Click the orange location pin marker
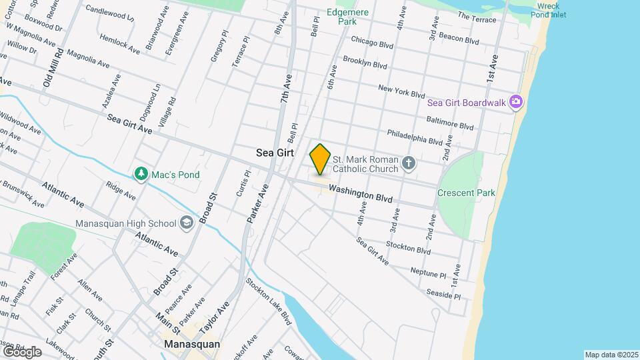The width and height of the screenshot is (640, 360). (320, 159)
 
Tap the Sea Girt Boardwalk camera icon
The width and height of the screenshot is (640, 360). (515, 102)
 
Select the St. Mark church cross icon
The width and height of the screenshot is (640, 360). (409, 162)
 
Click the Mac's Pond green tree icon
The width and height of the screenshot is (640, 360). (141, 174)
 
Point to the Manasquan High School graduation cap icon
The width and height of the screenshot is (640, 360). (187, 223)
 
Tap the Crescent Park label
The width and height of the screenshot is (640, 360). (466, 193)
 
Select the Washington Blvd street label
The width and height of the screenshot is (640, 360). (361, 194)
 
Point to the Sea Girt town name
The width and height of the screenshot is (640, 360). (275, 153)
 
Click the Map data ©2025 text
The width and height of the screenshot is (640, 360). (611, 355)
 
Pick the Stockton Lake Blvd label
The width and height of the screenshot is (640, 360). (269, 301)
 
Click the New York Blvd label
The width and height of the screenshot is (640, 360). (401, 91)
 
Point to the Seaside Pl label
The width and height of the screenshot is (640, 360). (444, 295)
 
